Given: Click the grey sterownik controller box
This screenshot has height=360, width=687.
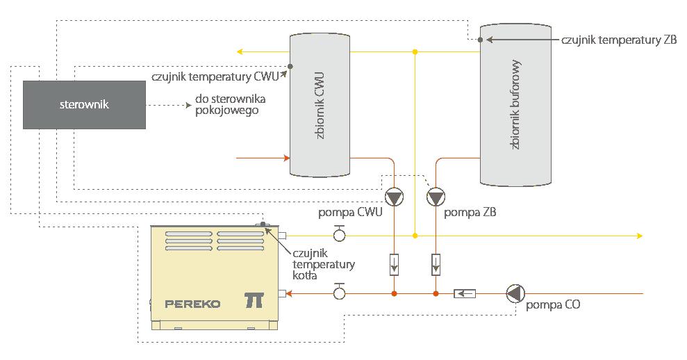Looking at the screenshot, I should [84, 104].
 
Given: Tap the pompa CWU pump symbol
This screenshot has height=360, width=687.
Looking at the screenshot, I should [394, 198].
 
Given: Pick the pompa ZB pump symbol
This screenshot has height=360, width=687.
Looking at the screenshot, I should [436, 198].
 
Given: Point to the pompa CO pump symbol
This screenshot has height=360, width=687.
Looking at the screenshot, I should [515, 294].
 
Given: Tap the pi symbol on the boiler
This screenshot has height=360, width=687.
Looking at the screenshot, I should [254, 300].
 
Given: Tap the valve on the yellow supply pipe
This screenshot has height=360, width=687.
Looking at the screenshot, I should [340, 234].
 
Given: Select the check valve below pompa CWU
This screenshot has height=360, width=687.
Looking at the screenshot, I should [394, 265].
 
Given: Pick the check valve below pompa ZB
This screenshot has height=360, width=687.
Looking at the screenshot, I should [436, 265].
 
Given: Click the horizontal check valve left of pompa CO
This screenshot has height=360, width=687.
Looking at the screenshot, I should [465, 294].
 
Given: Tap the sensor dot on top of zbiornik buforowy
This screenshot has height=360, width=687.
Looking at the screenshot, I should [481, 40].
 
